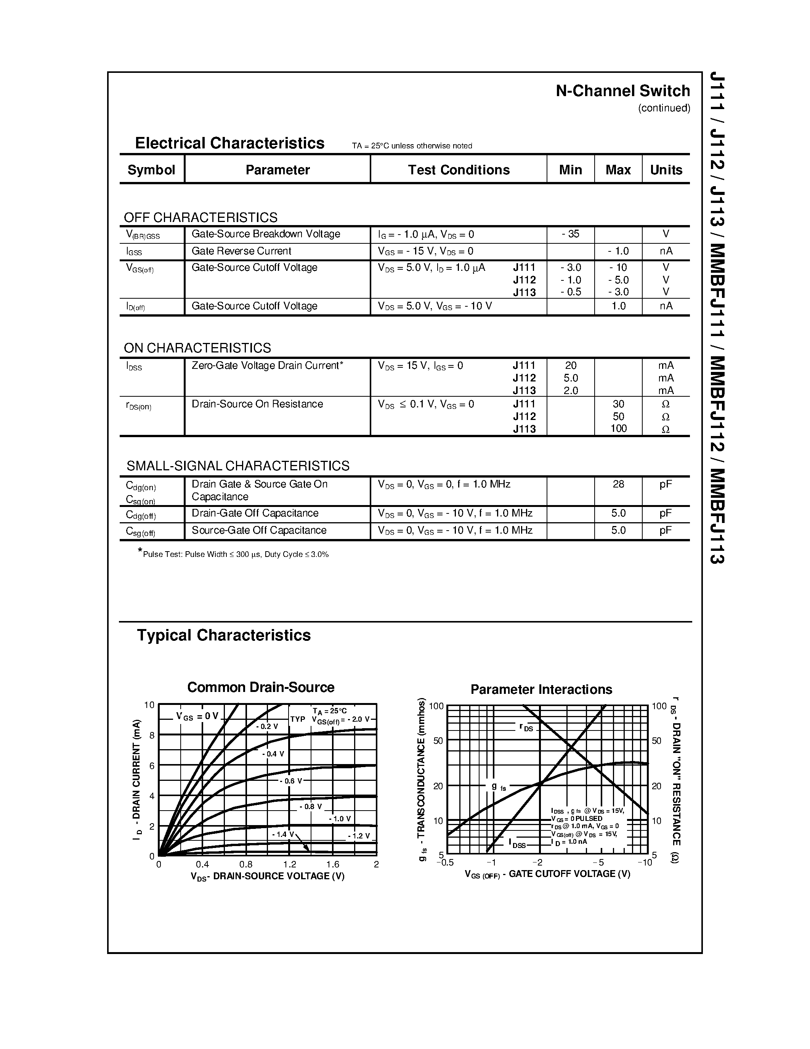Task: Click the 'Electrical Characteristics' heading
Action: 229,143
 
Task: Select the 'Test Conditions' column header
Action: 458,170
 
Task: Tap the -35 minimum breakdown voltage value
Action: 570,234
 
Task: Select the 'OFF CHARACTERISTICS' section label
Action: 200,217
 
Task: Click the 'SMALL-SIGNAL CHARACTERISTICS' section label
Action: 237,466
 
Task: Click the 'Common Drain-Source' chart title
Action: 261,687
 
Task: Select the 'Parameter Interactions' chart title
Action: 541,690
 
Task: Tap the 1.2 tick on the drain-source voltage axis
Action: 289,864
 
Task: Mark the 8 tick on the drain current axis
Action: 152,735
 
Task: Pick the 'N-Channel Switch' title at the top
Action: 622,91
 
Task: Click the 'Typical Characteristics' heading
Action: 224,636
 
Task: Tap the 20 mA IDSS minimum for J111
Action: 570,365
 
